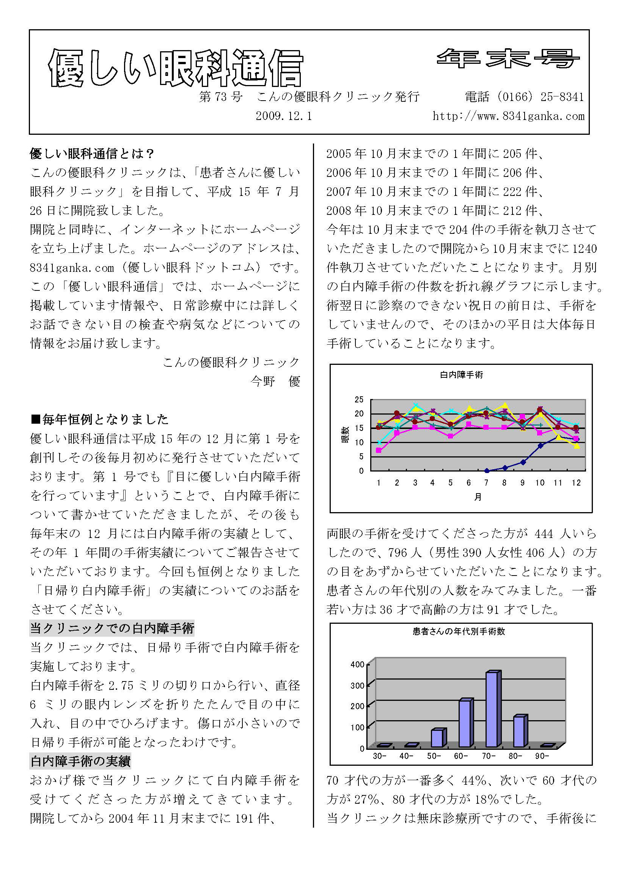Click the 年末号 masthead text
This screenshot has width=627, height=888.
[508, 59]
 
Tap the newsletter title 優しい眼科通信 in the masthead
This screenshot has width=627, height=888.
[176, 68]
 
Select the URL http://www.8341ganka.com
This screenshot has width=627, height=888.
[508, 116]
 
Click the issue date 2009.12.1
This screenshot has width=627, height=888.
[284, 116]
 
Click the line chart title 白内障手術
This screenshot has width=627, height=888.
[461, 375]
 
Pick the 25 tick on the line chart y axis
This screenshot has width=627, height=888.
[359, 399]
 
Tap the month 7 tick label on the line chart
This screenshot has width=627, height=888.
[486, 483]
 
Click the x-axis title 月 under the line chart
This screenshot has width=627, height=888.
[478, 497]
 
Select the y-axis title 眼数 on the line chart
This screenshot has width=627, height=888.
[345, 435]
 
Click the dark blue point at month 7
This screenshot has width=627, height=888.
[487, 471]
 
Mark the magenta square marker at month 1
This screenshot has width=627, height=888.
[379, 451]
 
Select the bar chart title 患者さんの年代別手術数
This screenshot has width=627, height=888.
[459, 632]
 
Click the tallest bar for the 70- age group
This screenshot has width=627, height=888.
[493, 709]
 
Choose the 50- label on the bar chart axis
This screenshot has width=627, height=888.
[434, 756]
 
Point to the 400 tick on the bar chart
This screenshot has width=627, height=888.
[357, 664]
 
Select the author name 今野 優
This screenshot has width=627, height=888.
[275, 381]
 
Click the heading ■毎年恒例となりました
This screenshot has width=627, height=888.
[99, 419]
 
